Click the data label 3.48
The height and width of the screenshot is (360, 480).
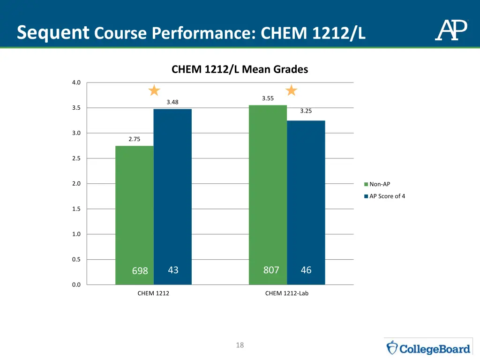172,102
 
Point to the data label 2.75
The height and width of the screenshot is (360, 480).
134,139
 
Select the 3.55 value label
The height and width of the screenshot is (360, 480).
268,98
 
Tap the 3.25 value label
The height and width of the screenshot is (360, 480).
306,111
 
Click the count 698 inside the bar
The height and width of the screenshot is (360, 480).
140,271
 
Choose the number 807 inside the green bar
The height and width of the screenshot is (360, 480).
271,270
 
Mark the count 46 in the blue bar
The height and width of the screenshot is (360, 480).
306,270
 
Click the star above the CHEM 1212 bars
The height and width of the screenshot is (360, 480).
154,90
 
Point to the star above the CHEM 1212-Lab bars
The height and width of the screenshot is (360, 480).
292,90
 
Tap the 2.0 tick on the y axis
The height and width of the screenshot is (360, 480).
76,184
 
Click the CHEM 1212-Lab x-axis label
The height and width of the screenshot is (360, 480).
287,293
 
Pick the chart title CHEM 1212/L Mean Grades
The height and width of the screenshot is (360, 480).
240,70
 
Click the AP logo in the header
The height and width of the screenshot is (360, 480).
451,30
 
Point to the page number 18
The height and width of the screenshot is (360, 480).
240,345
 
